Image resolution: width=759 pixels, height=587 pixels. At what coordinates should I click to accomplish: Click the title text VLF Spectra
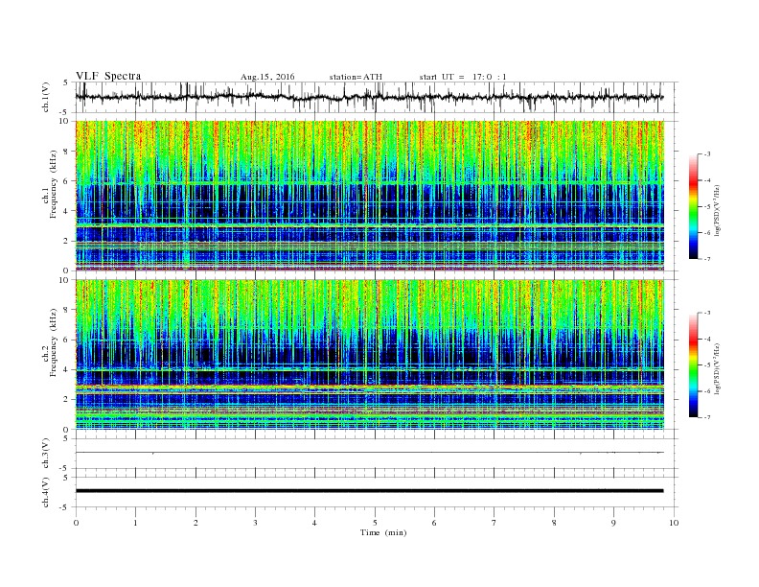107,76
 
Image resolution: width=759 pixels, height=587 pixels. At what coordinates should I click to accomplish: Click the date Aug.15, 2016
267,76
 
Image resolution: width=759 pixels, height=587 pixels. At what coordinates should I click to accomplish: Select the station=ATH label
355,76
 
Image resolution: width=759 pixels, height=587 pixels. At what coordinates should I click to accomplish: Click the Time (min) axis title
376,532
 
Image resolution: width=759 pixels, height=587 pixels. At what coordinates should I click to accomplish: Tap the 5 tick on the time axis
376,523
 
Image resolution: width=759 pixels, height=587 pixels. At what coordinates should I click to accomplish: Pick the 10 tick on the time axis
675,523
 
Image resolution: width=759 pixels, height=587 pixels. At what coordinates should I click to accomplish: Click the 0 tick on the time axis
77,523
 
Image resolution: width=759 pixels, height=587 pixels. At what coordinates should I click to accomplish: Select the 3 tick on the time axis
256,523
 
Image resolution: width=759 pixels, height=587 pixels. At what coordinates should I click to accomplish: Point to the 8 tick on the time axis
555,523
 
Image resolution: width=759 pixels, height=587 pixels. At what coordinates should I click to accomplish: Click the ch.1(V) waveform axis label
46,98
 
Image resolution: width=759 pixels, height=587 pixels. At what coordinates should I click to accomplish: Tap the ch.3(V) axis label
46,453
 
